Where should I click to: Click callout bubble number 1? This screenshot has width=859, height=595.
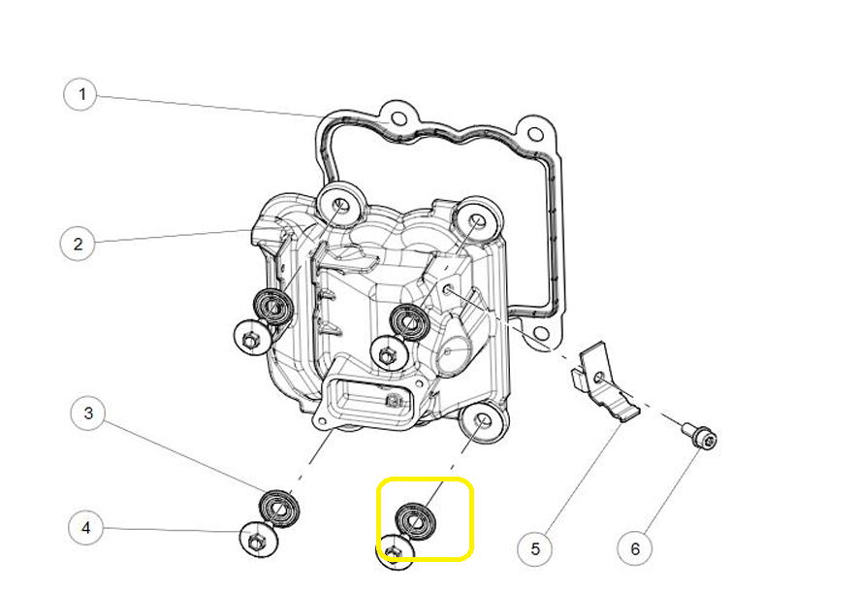pos(80,94)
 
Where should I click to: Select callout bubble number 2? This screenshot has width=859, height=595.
pos(78,244)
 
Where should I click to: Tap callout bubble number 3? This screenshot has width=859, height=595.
pos(88,413)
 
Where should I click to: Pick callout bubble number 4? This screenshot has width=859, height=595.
pos(86,528)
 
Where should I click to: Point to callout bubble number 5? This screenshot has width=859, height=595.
pos(534,547)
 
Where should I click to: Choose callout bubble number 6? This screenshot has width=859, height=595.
pos(634,547)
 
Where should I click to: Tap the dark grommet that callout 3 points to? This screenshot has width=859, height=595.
pos(279,509)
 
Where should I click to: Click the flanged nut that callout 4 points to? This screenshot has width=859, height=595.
pos(259,540)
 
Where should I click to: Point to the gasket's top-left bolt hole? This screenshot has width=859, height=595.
pos(399,119)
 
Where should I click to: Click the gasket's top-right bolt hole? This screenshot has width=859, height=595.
pos(535,134)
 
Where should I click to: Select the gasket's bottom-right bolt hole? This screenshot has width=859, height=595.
pos(540,333)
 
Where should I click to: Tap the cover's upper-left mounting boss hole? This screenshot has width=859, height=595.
pos(342,205)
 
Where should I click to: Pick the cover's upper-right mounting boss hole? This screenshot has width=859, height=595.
pos(478,220)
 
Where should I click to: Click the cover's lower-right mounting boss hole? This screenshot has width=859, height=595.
pos(482,421)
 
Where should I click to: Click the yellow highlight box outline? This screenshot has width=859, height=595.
pos(425,479)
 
